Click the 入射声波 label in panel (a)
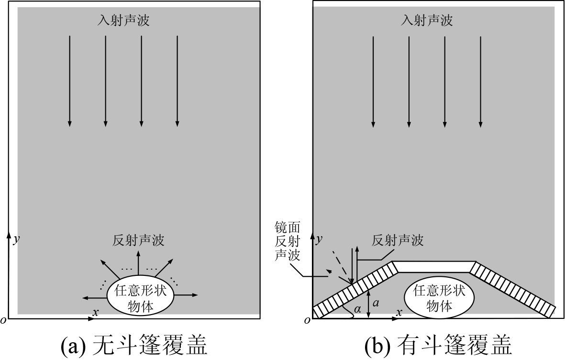[123, 21]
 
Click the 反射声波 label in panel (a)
[139, 240]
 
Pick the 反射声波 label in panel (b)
[398, 240]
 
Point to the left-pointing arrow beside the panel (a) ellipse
[94, 297]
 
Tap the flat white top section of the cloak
[434, 266]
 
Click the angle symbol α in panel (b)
[357, 310]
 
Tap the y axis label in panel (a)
[17, 240]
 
